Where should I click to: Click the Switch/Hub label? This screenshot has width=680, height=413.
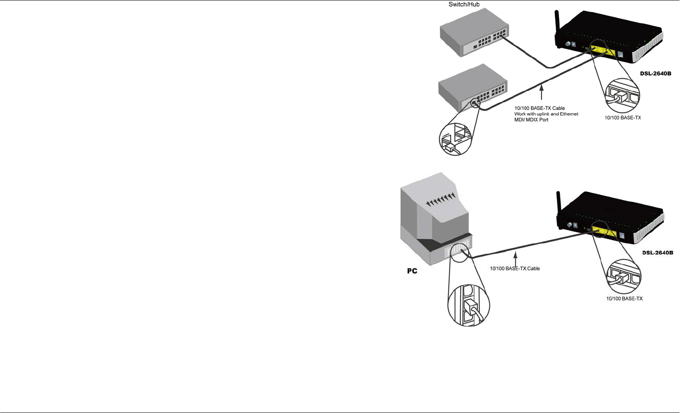point(464,5)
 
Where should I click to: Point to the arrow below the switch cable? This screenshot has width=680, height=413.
point(541,93)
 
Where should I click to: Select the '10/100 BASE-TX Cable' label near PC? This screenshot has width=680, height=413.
point(515,269)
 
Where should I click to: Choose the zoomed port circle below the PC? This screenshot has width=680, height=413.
point(468,305)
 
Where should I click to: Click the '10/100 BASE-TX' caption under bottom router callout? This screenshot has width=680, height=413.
point(624,299)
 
